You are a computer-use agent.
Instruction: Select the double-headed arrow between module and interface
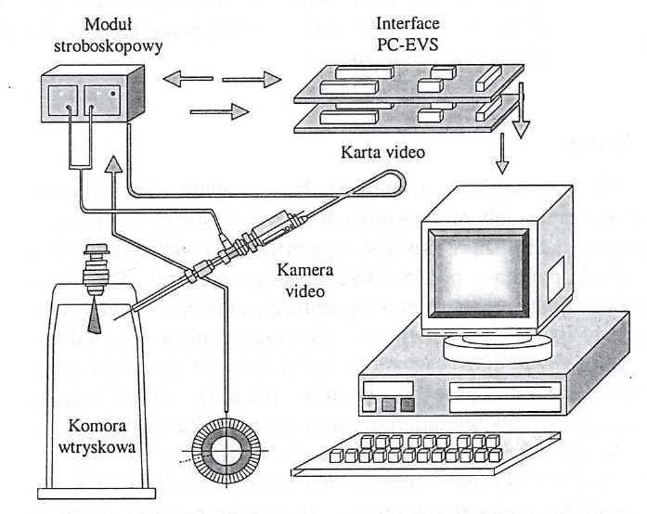(223, 81)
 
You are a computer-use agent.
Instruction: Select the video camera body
(278, 231)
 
